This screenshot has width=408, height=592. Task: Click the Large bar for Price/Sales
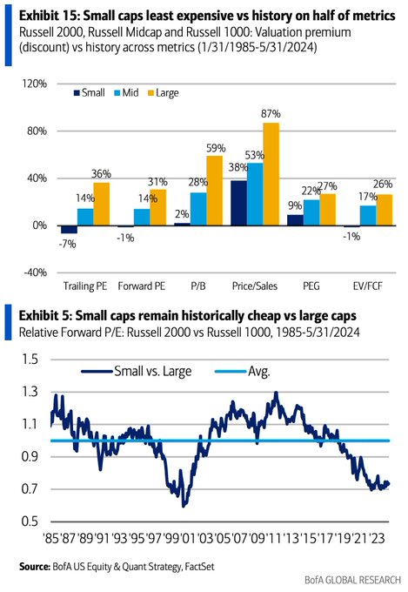pos(271,174)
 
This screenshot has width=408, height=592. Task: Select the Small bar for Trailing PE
pos(69,230)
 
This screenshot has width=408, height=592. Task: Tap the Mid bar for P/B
pos(198,209)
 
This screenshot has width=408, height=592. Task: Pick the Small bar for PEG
pos(295,220)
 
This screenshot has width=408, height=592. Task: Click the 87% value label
pos(271,113)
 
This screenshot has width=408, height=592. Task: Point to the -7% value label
pos(67,244)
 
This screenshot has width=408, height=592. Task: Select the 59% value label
pos(216,148)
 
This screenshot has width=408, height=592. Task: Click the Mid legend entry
pos(126,92)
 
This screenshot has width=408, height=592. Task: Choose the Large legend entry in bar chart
pos(163,93)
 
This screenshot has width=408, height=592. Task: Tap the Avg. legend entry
pos(243,372)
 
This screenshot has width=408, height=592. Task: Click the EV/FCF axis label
pos(368,286)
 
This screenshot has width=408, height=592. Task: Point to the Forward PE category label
pos(142,286)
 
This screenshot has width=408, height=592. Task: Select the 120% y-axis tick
pos(35,84)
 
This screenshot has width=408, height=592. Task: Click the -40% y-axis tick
pos(35,272)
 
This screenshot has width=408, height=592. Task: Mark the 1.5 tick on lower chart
pos(30,359)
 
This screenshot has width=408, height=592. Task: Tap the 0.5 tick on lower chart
pos(30,521)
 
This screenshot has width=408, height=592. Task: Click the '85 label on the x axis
pos(51,538)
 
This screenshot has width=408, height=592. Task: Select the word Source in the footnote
pos(35,567)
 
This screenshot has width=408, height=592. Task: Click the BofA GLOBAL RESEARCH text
pos(352,580)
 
